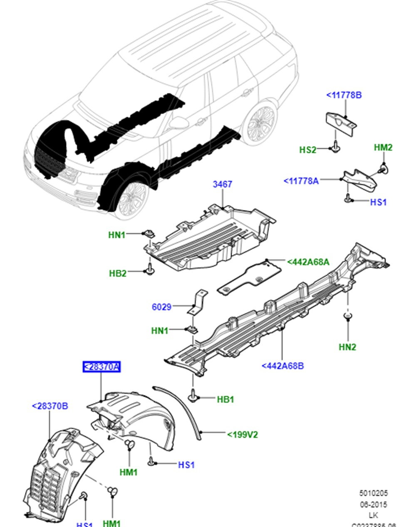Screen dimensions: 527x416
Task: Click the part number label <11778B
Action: click(x=344, y=95)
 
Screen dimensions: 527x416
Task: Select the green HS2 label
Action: click(x=308, y=150)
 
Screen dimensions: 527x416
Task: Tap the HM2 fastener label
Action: click(x=383, y=147)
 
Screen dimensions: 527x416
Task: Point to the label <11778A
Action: click(x=301, y=181)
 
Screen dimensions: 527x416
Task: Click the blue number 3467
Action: click(x=223, y=184)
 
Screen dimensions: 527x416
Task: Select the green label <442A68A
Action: click(x=308, y=262)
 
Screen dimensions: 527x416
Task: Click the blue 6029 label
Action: click(x=161, y=307)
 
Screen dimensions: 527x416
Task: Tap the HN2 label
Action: click(x=347, y=347)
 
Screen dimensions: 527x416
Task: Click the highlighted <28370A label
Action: click(x=102, y=367)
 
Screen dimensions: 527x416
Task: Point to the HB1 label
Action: click(x=225, y=399)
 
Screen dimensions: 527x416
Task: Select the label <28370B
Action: click(x=50, y=406)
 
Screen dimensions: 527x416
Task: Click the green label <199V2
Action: click(x=243, y=435)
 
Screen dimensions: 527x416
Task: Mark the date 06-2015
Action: click(x=373, y=505)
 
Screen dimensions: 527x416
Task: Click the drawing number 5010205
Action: click(x=374, y=493)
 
